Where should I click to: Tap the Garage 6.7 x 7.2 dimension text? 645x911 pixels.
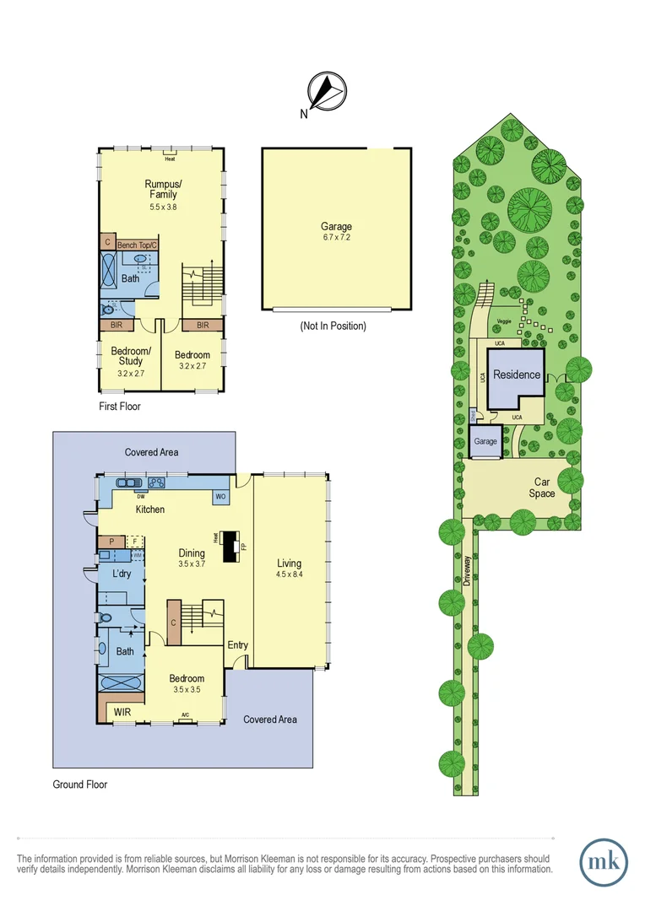[x=335, y=239]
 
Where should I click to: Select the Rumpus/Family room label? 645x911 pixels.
[x=160, y=189]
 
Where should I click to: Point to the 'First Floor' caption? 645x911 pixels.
[x=119, y=406]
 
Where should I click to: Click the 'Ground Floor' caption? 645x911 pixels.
[x=80, y=784]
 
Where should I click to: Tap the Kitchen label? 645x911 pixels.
[x=150, y=509]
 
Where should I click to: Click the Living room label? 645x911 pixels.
[x=289, y=563]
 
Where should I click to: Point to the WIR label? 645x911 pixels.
[x=123, y=713]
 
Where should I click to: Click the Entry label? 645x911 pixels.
[x=237, y=645]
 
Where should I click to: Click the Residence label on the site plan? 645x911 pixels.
[x=517, y=375]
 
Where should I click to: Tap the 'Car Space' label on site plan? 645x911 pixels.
[x=542, y=488]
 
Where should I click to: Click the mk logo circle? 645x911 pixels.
[x=604, y=862]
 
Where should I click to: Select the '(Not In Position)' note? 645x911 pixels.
[x=333, y=326]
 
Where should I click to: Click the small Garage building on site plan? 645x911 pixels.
[x=485, y=441]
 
